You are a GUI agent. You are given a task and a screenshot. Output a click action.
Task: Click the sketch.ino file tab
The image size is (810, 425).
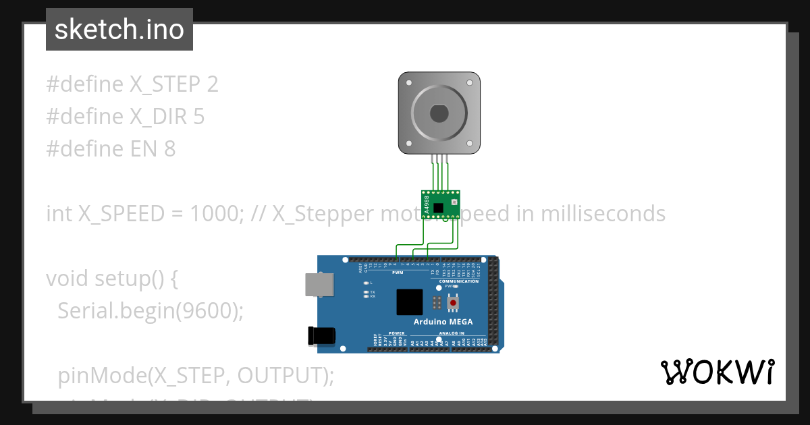tap(119, 30)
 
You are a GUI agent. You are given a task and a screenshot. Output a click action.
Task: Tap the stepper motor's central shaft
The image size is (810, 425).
tap(439, 113)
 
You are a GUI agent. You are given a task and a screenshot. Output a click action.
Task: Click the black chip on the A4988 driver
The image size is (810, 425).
tap(439, 207)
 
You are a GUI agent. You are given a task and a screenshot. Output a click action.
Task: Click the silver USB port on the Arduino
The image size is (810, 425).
tap(318, 285)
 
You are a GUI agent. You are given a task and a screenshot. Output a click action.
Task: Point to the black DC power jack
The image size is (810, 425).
tap(321, 336)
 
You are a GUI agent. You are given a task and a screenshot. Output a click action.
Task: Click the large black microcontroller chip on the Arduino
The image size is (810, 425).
tap(409, 302)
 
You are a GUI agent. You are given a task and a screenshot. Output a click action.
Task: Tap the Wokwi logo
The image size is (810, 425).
tap(717, 372)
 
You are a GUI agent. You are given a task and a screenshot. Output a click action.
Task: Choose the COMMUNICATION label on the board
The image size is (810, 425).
tap(458, 281)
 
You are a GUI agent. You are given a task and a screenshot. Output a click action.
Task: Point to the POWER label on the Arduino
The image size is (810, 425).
tap(397, 333)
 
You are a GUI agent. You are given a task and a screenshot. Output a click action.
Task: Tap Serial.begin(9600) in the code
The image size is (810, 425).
tap(150, 310)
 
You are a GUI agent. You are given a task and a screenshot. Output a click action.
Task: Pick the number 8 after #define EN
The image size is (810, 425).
tap(169, 148)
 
